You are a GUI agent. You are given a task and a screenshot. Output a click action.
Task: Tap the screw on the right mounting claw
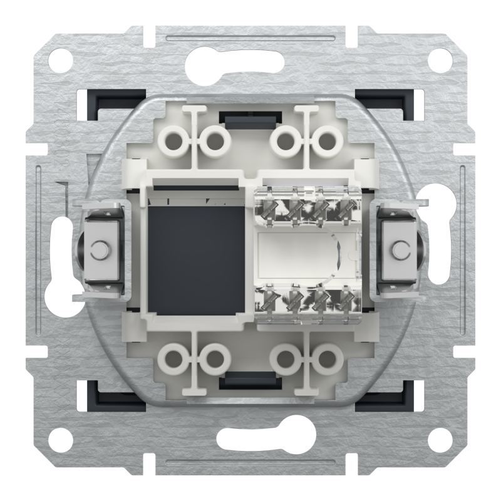coord(398,250)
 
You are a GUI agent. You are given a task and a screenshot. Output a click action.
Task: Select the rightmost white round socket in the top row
coord(326,141)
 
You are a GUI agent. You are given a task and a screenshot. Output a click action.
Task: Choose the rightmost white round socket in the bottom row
coord(326,359)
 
